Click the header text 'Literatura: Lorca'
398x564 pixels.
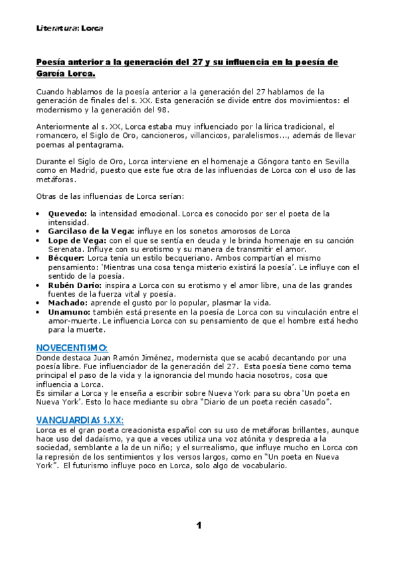[70, 29]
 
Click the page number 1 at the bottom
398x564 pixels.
[199, 525]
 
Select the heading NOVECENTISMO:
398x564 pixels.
[72, 347]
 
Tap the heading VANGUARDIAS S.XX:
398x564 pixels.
[80, 420]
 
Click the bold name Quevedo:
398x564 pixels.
[68, 213]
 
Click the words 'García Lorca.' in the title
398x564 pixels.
[66, 74]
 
